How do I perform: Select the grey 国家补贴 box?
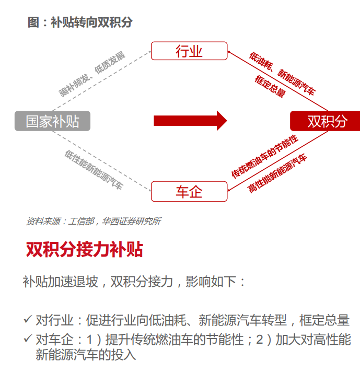tap(53, 121)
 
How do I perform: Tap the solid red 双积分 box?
tap(325, 121)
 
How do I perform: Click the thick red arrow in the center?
tap(190, 121)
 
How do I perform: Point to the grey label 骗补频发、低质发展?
tap(92, 74)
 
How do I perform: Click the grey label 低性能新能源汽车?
tap(94, 170)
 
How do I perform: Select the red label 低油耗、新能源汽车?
tap(282, 74)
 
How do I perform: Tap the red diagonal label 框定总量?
tap(270, 86)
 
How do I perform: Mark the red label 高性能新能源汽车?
tap(277, 173)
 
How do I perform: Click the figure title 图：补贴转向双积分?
tap(80, 22)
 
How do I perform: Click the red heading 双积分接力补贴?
tap(85, 249)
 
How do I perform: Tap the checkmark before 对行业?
tap(28, 319)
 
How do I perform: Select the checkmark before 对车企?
tap(28, 339)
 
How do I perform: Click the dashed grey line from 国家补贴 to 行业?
tap(102, 81)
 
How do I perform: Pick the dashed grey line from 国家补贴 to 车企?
tap(102, 161)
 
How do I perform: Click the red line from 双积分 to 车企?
tap(278, 161)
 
